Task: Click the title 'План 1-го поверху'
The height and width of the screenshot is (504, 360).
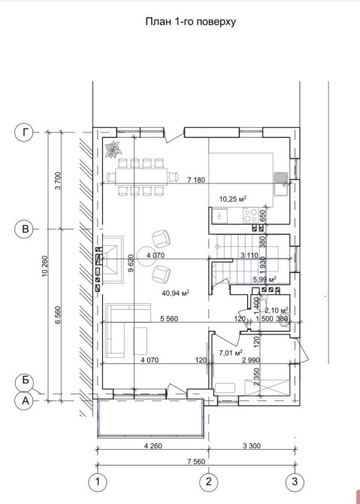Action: [191, 22]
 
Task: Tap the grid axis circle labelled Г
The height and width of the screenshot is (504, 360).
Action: [24, 132]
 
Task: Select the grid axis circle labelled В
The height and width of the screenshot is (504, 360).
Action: [24, 229]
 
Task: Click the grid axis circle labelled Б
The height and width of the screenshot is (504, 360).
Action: [25, 381]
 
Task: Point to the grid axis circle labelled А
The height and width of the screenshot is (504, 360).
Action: [24, 401]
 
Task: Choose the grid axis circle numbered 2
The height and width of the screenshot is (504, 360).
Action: [209, 482]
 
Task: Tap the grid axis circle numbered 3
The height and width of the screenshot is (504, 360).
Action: [295, 482]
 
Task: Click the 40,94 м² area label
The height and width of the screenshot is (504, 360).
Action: [176, 293]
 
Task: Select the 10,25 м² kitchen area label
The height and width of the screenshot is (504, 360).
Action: [233, 199]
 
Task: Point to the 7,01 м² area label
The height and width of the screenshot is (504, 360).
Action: [231, 353]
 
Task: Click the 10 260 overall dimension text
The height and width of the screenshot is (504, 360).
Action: [44, 266]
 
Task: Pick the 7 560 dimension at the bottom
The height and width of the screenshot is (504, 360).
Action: [197, 462]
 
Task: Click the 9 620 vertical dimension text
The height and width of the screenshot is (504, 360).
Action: [130, 263]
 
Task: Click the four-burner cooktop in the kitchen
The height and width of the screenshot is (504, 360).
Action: [251, 215]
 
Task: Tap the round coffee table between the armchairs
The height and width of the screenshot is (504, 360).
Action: [147, 257]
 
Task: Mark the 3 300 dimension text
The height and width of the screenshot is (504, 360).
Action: [252, 445]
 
